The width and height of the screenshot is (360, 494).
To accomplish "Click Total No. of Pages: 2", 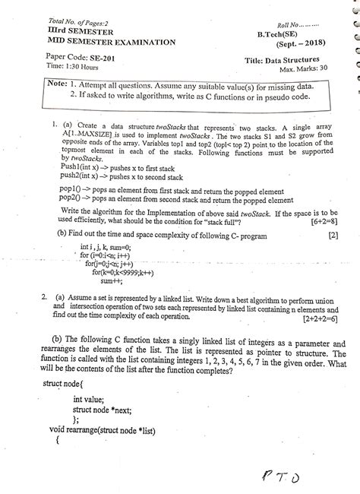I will click(55, 19).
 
